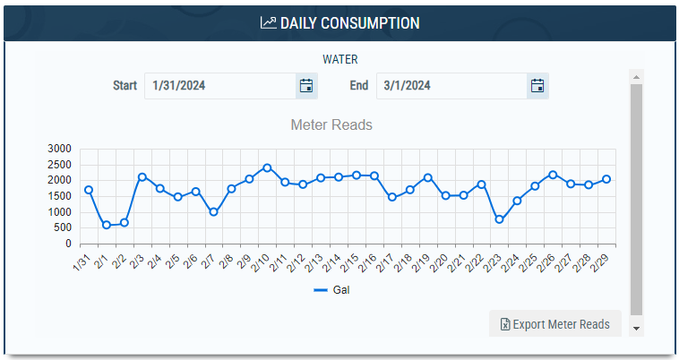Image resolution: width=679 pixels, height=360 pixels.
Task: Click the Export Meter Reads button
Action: coord(554,324)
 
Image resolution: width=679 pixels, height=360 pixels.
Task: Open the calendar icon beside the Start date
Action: coord(306,86)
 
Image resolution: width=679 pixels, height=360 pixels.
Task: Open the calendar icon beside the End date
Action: coord(537,86)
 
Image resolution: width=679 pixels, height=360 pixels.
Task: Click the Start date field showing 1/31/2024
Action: coord(219,86)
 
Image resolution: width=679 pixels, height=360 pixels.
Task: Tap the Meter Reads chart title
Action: coord(331,124)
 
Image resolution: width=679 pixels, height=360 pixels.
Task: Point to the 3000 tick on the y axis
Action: coord(60,149)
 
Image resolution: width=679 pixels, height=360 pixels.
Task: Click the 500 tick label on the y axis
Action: coord(63,228)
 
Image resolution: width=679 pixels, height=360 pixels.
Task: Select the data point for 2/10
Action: coord(267,167)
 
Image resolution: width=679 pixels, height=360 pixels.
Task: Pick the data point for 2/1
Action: coord(107,225)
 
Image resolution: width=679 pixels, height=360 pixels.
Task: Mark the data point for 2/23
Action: coord(499,219)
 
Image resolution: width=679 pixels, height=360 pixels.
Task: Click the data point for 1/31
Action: coord(89,190)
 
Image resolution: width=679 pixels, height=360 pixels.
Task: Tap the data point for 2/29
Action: coord(606,179)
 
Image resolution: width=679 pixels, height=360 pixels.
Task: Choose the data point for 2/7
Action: coord(213,212)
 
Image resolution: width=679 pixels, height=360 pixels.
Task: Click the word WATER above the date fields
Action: coord(340,60)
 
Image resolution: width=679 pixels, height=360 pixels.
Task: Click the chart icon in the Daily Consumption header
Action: coord(268,22)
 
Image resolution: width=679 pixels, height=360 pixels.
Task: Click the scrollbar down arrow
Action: coord(636,329)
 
